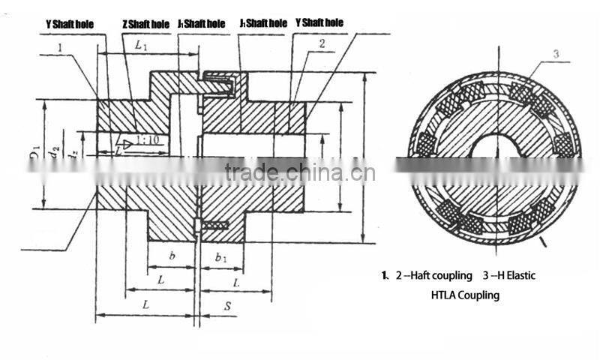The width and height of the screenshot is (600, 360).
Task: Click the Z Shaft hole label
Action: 145,25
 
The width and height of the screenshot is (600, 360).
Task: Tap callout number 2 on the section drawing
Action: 321,44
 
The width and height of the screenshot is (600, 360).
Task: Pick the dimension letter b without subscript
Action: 172,256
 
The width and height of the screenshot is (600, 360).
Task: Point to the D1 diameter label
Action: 34,155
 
